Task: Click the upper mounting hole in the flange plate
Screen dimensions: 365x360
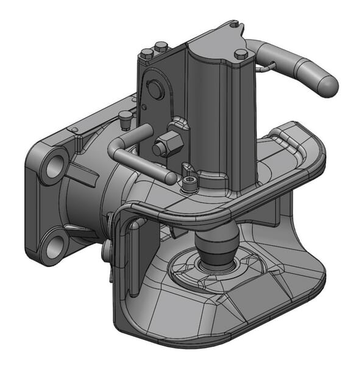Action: pyautogui.click(x=55, y=164)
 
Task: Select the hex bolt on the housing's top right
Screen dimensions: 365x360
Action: pyautogui.click(x=241, y=54)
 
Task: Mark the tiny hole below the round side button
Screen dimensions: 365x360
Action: pyautogui.click(x=144, y=107)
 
